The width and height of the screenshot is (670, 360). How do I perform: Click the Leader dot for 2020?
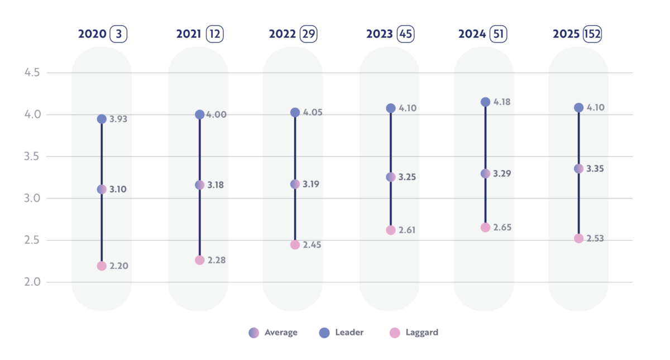point(102,119)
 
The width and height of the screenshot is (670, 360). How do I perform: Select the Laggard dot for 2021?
point(199,260)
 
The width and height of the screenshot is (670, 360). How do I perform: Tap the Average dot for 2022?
point(295,184)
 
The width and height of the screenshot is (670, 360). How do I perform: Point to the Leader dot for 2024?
point(485,102)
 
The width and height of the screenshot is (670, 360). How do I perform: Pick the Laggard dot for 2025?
point(578,238)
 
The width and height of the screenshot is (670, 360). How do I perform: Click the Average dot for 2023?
point(391,177)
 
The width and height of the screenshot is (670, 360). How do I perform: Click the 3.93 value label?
point(119,119)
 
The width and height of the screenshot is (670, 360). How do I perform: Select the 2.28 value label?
point(216,260)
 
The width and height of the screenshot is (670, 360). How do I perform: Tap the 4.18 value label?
point(502,102)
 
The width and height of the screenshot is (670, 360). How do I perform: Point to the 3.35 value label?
point(595,169)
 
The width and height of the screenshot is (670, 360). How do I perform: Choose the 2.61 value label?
point(408,230)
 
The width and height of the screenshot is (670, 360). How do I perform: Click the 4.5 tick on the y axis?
point(32,73)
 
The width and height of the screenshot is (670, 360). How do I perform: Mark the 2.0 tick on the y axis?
point(32,282)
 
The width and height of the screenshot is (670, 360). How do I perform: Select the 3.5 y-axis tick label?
point(32,156)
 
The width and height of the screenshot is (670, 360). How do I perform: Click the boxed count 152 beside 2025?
point(592,34)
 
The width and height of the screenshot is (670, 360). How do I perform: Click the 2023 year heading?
point(380,34)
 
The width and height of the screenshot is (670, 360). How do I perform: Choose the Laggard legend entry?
point(414,333)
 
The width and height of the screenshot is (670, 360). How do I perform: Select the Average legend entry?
point(273,333)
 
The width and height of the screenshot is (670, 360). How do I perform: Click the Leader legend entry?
point(341,333)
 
